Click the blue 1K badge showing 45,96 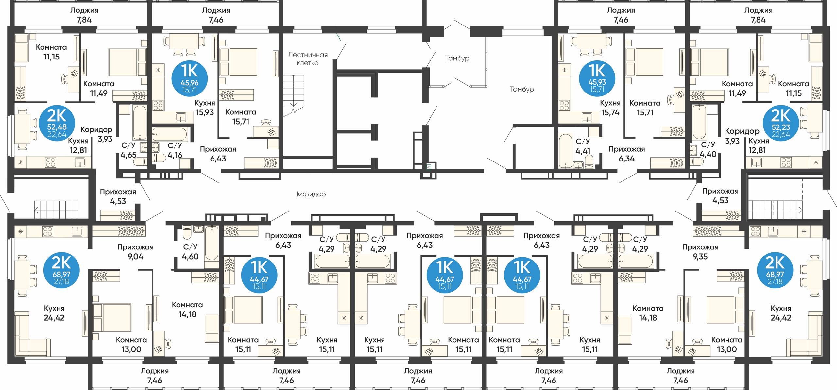point(190,78)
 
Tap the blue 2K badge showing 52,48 point(57,123)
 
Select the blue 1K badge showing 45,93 point(597,78)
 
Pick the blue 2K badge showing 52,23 point(781,123)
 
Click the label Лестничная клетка point(308,59)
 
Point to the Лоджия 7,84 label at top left point(84,15)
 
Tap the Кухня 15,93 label point(205,108)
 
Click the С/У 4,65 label point(128,150)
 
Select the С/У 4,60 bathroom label point(190,252)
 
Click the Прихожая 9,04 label point(135,252)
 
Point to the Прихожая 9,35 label point(700,252)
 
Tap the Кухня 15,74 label point(610,108)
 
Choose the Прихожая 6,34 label point(626,154)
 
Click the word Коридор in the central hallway point(311,194)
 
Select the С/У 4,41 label point(583,146)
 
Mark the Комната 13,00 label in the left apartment point(131,345)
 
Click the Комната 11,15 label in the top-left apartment point(51,52)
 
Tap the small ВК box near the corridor point(429,167)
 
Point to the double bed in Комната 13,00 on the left point(112,317)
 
